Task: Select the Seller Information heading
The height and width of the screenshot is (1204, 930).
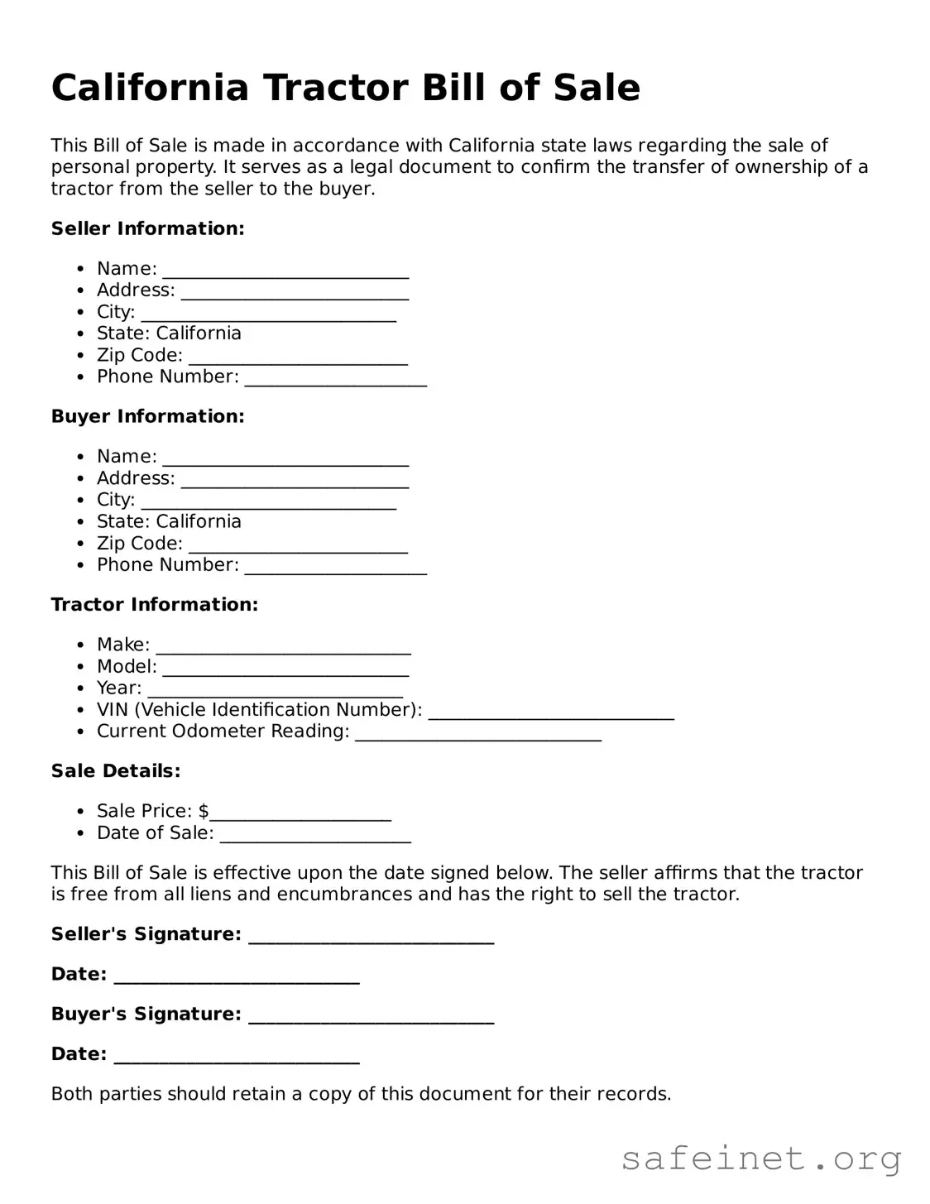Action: [x=148, y=228]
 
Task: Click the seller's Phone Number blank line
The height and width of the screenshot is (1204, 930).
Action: [x=336, y=379]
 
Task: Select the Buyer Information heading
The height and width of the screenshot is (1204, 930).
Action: [x=148, y=416]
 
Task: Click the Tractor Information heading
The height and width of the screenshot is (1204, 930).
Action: [x=155, y=605]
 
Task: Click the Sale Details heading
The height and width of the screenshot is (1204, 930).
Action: [x=116, y=771]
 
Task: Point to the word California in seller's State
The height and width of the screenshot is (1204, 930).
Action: [x=199, y=333]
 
